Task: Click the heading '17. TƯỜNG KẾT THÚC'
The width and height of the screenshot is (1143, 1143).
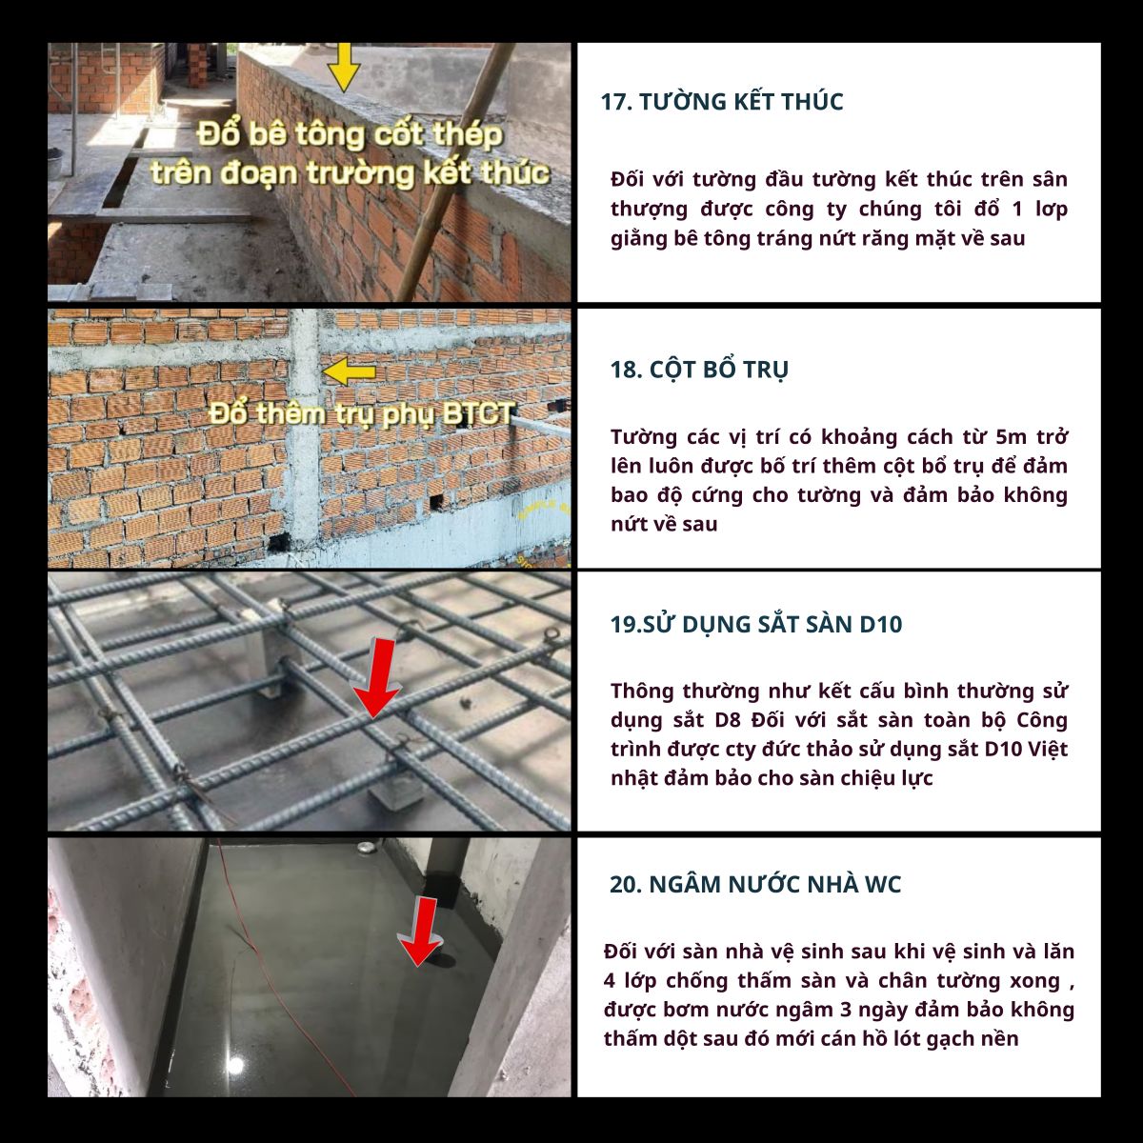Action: click(722, 101)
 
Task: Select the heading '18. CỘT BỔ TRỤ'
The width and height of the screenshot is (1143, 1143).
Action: click(699, 370)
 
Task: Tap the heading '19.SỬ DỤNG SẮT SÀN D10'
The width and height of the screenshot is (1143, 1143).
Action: click(756, 624)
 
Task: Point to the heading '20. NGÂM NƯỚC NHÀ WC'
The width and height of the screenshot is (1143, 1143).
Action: click(755, 884)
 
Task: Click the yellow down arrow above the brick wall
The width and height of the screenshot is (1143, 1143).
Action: click(344, 67)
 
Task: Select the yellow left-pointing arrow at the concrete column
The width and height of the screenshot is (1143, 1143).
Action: click(350, 371)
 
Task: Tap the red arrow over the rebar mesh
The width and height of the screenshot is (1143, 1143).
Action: click(376, 677)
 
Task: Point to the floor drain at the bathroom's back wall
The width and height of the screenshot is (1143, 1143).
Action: click(362, 850)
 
